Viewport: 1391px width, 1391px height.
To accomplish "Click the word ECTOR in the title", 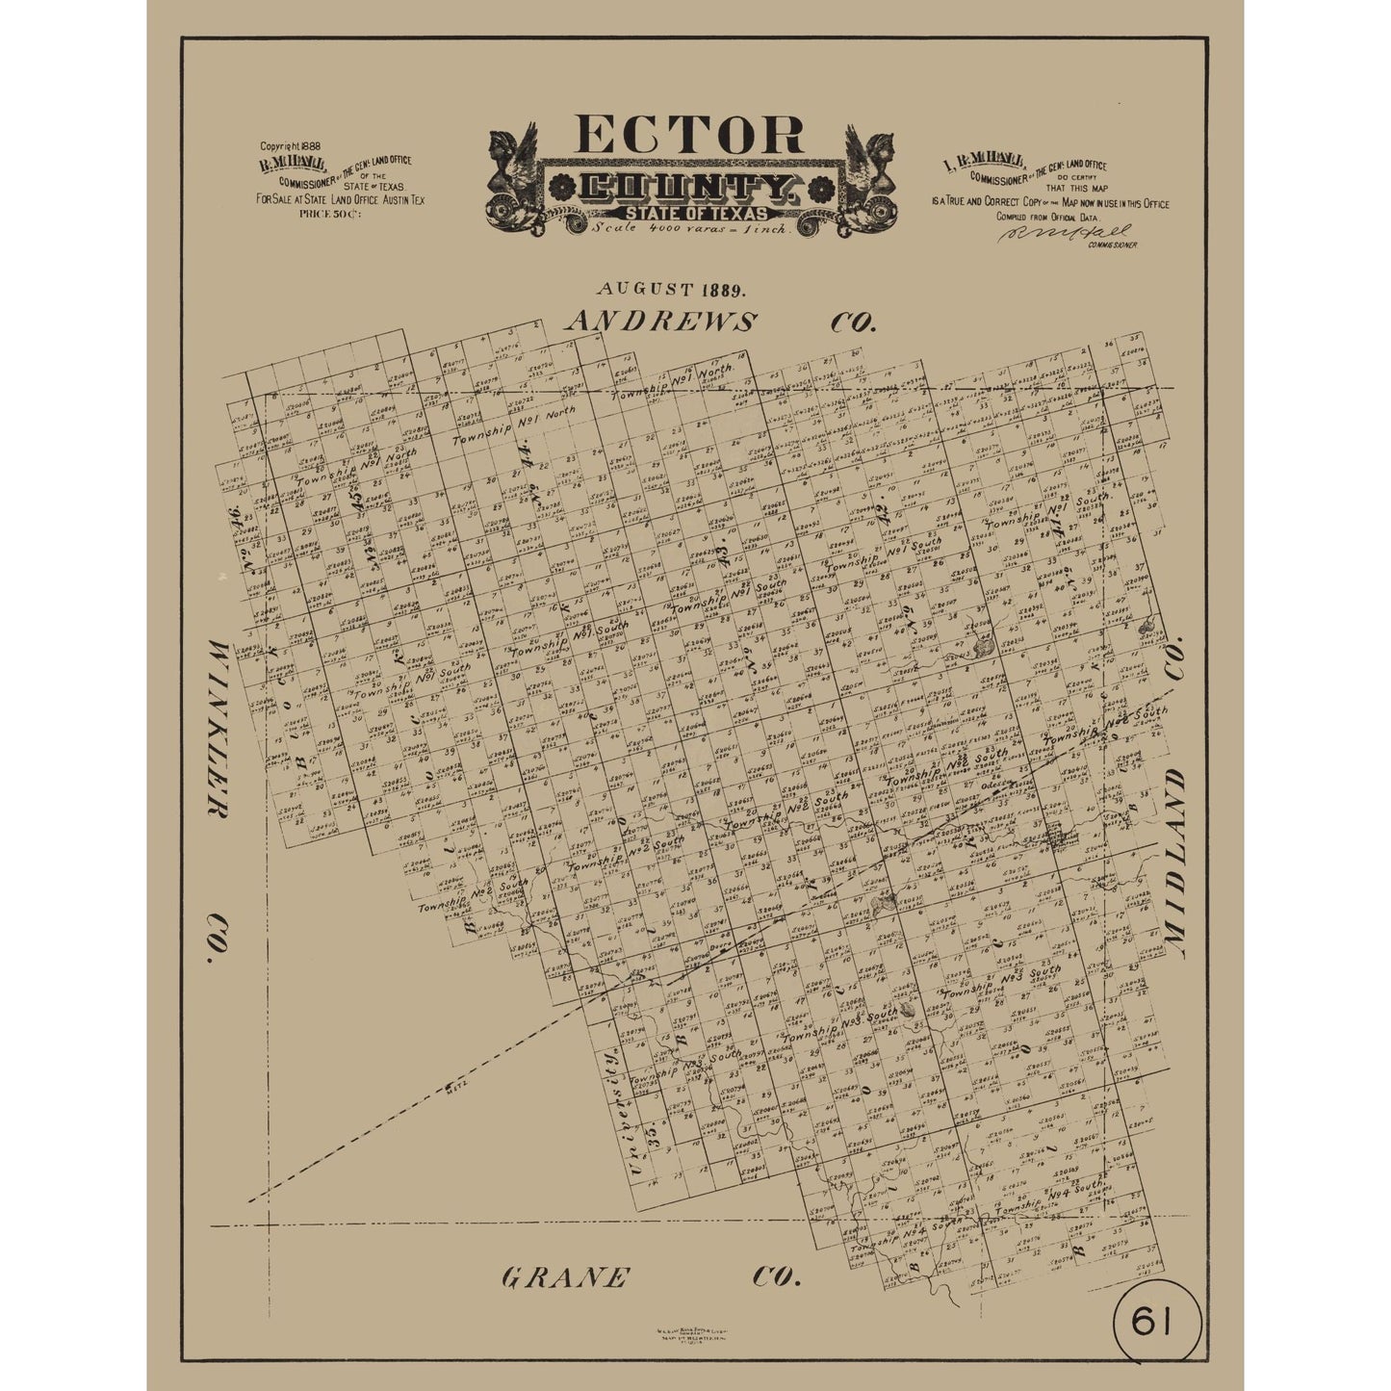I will (x=690, y=136).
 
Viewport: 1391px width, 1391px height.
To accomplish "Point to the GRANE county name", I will (x=565, y=1278).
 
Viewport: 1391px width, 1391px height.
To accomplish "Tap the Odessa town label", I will (x=1000, y=783).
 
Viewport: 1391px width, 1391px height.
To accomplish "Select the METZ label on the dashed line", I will (x=456, y=1089).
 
